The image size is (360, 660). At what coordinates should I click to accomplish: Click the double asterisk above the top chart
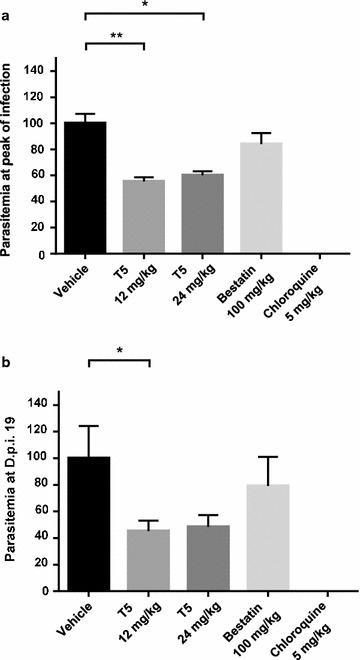[x=117, y=35]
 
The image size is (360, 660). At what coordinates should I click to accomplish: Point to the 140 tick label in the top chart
[x=40, y=71]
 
